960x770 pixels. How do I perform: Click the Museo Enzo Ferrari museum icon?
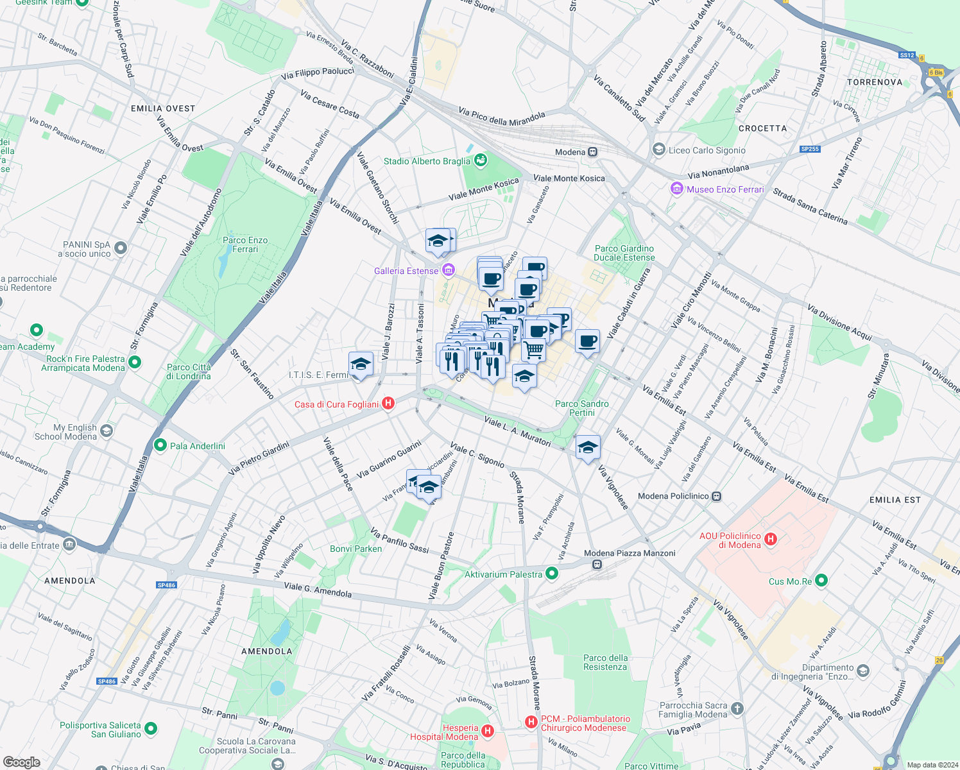(676, 189)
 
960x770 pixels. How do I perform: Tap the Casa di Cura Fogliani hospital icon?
(388, 404)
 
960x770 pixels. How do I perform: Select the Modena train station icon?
(593, 152)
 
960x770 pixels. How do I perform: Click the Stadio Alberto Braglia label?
(427, 161)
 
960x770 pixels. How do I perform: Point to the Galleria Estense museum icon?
(448, 271)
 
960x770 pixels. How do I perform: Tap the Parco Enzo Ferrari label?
(245, 244)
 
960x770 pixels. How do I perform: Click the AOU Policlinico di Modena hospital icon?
(771, 540)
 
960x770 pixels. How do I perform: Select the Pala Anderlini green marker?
(160, 445)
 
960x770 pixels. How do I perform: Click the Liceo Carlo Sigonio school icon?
(658, 150)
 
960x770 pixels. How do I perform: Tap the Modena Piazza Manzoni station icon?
(597, 565)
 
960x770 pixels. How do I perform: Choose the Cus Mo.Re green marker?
(821, 581)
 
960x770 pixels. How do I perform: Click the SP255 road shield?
(810, 149)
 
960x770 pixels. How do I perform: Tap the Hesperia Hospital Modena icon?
(488, 731)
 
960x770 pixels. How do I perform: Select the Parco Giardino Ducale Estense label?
(624, 253)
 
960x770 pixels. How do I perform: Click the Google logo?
(21, 762)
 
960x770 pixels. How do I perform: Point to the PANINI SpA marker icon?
(121, 248)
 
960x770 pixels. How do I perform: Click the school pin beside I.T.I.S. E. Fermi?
(361, 365)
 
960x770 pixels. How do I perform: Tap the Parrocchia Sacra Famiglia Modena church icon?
(737, 708)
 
